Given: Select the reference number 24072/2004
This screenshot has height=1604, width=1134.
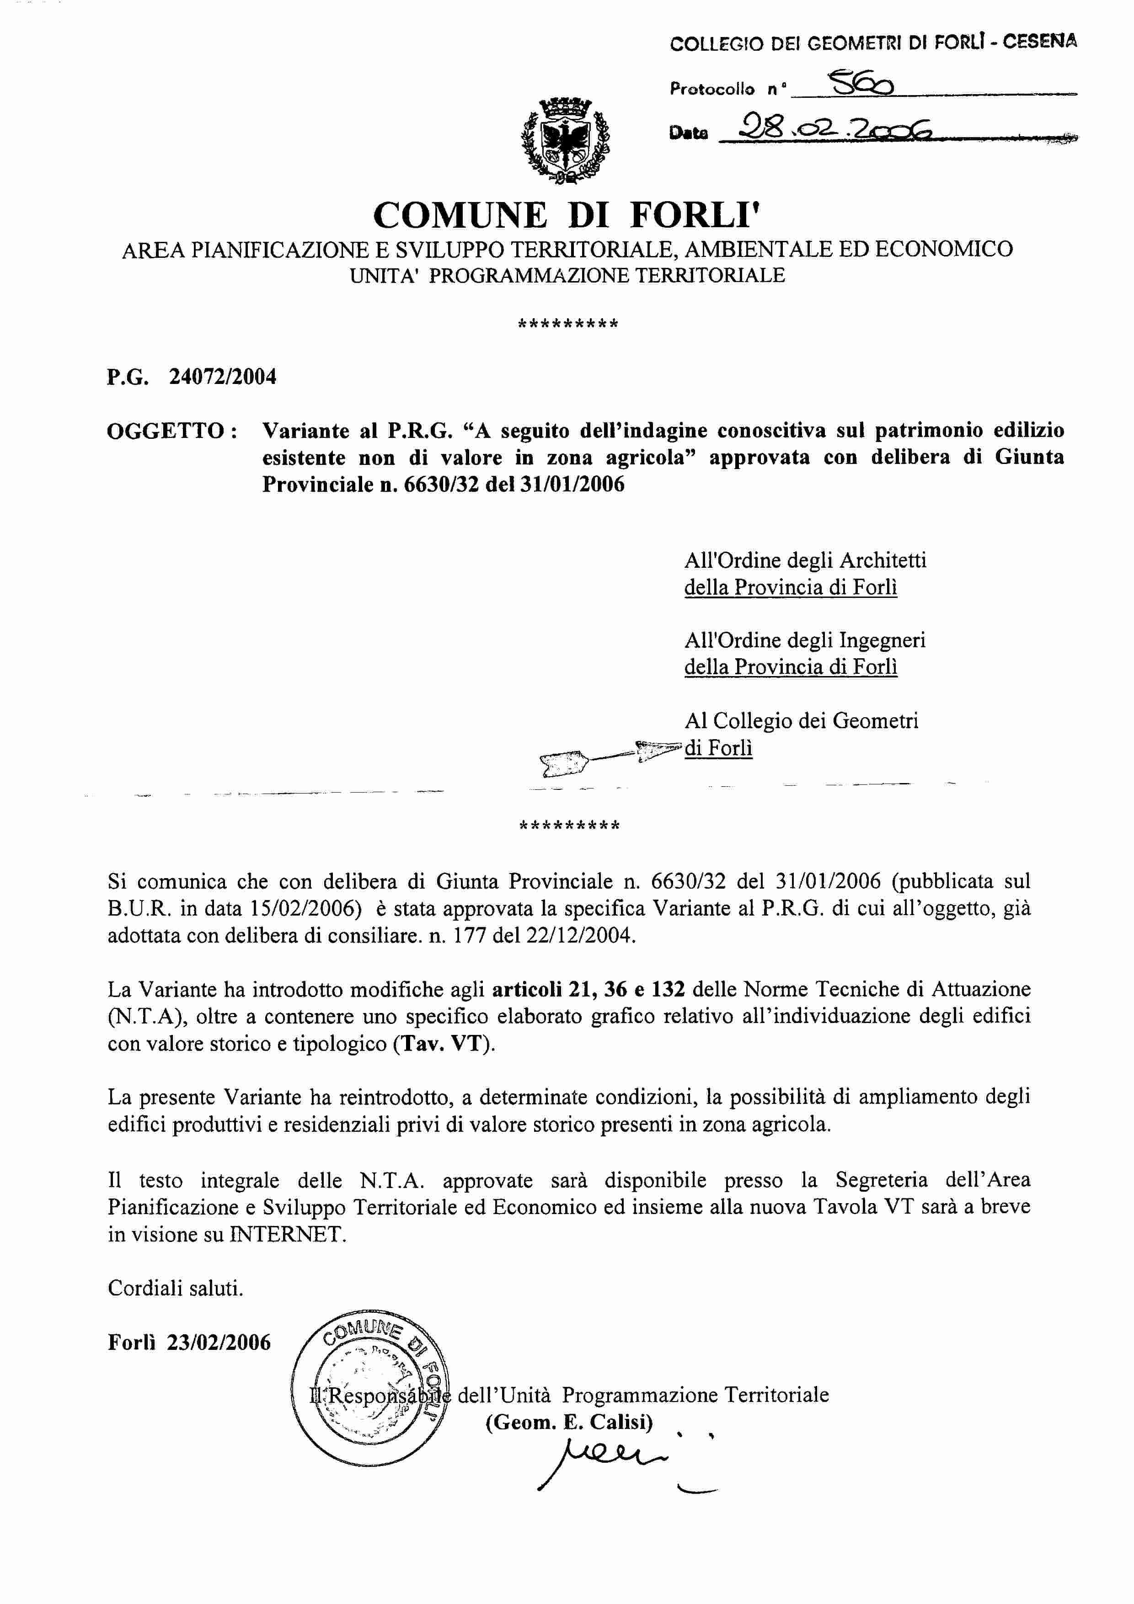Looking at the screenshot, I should (222, 377).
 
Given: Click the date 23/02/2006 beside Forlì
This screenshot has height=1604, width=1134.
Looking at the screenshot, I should (218, 1343).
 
